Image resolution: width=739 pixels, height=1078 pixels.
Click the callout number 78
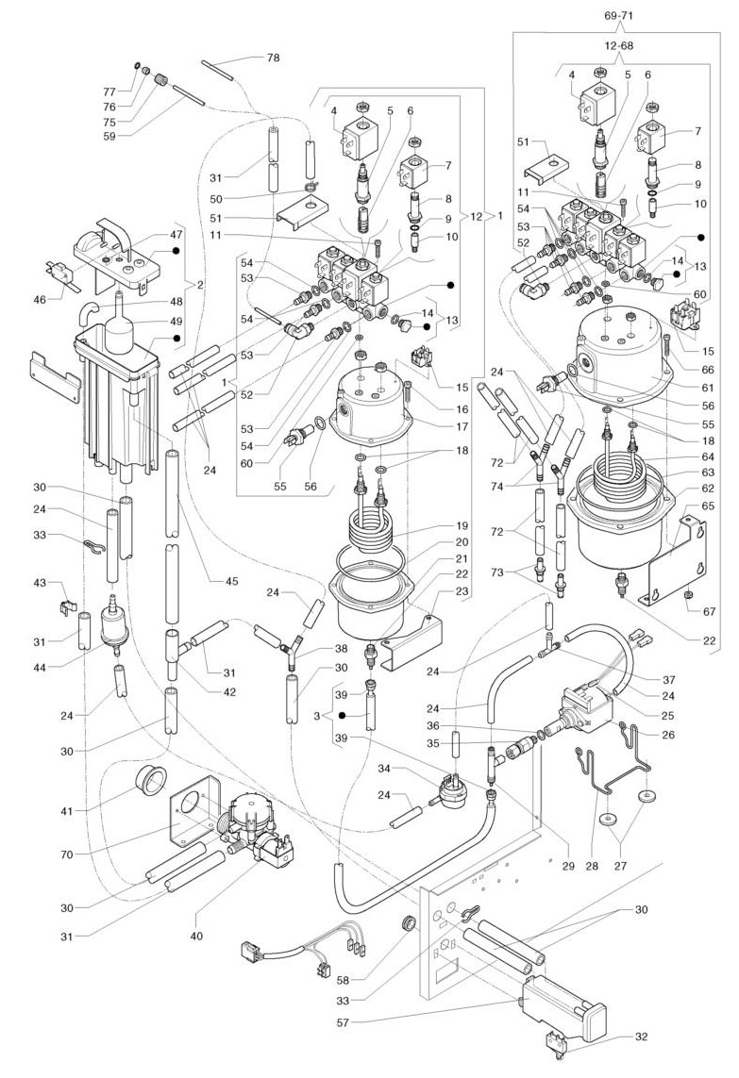click(273, 58)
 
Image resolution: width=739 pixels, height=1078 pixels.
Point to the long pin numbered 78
click(224, 72)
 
